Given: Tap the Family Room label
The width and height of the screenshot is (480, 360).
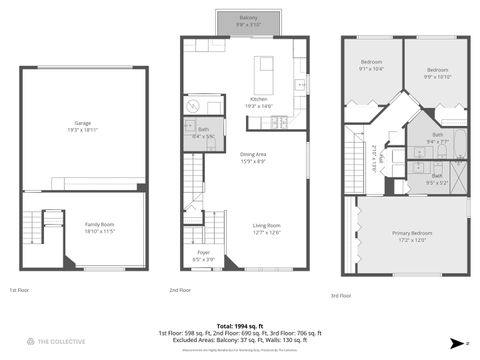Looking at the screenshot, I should [x=99, y=228].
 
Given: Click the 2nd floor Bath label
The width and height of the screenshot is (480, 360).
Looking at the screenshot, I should [x=203, y=133].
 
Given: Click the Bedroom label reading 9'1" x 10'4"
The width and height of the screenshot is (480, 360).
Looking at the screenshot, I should [x=371, y=67].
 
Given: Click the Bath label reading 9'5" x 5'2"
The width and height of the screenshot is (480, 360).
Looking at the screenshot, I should [x=437, y=180].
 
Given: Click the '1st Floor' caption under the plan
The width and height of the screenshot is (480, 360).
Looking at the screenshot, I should [x=19, y=290].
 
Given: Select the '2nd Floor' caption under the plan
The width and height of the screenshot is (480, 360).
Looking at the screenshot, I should [x=181, y=290].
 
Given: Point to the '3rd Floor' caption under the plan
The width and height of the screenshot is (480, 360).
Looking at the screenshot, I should [x=340, y=296].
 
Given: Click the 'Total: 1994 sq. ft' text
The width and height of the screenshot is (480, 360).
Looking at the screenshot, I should [x=239, y=326].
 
